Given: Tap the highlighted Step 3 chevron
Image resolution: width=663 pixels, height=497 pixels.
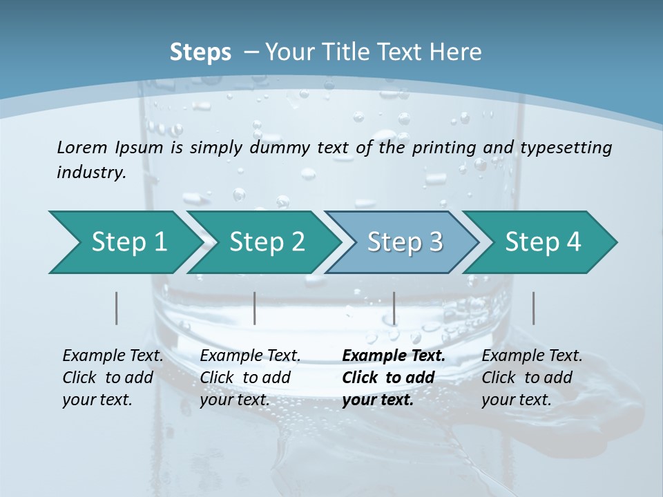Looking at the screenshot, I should [405, 242].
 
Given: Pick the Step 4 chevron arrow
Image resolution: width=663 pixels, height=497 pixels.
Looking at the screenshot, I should [543, 242].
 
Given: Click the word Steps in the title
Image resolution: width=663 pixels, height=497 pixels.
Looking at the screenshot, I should [200, 52].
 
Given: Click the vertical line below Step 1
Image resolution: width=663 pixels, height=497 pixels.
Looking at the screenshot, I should [117, 308].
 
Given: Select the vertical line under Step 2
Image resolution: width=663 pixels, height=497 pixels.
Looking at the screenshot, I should [255, 308].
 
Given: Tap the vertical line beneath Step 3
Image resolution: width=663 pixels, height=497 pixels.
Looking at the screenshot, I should [394, 308].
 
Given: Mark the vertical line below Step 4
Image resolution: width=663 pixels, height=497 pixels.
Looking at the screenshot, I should [533, 308].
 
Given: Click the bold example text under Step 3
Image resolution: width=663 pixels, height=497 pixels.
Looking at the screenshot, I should [394, 378].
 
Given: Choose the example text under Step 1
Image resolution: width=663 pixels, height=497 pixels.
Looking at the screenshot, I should [113, 378].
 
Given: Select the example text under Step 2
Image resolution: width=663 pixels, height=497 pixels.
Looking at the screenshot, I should [250, 378].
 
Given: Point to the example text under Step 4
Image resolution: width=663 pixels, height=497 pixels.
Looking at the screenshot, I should [532, 378].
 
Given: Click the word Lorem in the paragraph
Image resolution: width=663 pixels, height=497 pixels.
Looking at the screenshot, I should [81, 147].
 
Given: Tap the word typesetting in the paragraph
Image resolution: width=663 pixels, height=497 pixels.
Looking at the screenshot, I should [566, 148].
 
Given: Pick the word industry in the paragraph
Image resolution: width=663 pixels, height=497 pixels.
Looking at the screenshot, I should [90, 172].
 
